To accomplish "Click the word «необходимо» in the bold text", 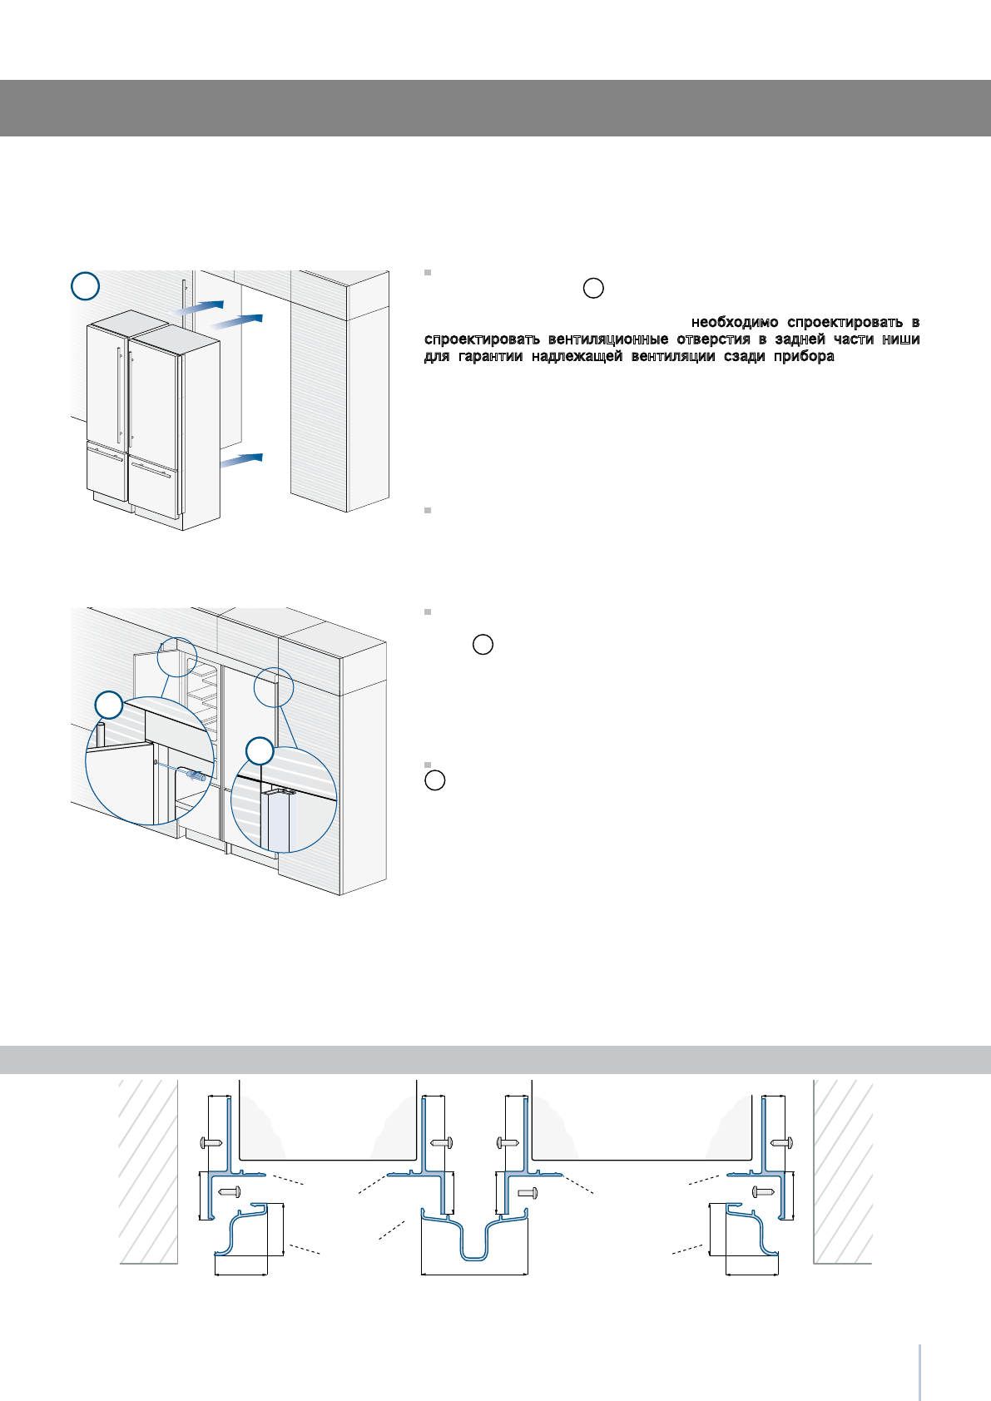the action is [x=735, y=322].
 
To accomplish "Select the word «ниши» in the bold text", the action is [x=901, y=339].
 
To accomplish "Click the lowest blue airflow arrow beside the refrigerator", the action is [x=240, y=460].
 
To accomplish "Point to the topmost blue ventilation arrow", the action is [x=198, y=308].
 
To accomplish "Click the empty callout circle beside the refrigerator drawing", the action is [x=85, y=286].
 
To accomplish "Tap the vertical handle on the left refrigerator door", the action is [x=119, y=395].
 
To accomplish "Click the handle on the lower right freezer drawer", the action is [x=151, y=470].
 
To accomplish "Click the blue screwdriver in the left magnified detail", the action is [x=196, y=776].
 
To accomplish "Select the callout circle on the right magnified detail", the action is [x=260, y=750].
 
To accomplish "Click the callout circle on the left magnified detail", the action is [x=108, y=705].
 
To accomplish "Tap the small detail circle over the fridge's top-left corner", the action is [x=177, y=656].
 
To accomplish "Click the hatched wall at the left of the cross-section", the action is [x=148, y=1171].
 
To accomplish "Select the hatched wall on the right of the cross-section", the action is [x=843, y=1171].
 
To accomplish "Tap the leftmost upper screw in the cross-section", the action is [x=211, y=1143].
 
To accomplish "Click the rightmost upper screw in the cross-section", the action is [x=781, y=1143].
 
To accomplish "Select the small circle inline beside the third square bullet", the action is [x=483, y=644].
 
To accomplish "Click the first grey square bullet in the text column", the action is [x=428, y=273].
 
